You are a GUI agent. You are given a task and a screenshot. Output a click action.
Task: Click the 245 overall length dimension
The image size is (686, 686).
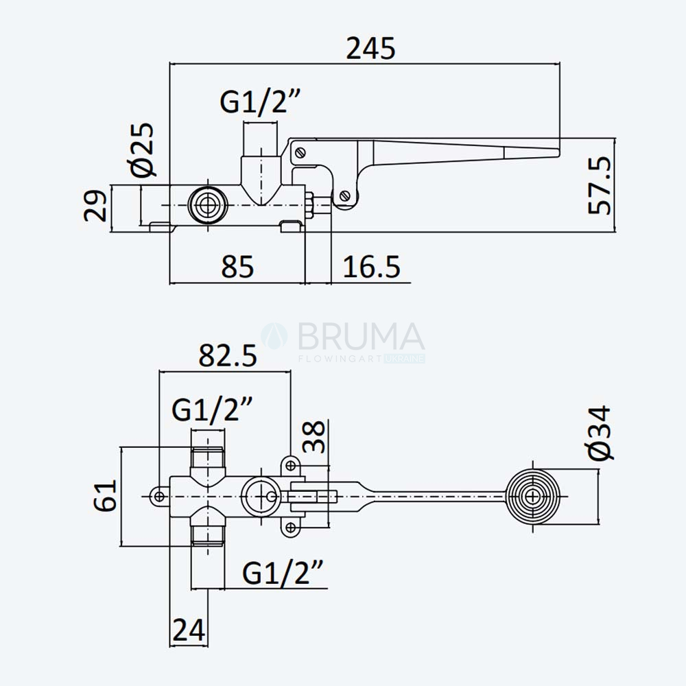coord(370,49)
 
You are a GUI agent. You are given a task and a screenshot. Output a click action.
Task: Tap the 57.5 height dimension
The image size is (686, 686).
coord(600,185)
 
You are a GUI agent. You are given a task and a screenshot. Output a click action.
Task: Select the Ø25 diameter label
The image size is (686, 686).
coord(142,149)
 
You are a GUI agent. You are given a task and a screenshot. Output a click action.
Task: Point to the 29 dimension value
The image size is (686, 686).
coord(95,205)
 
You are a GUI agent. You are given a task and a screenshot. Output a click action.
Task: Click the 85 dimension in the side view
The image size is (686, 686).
coord(237,267)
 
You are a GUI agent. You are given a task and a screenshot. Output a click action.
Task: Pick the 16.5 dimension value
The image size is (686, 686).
coord(371,267)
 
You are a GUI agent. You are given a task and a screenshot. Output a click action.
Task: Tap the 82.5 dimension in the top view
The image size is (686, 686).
coord(228,355)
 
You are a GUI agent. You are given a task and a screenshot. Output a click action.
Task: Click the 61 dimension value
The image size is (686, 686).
coord(106,495)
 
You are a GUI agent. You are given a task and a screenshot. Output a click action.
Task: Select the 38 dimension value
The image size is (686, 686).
coord(314,436)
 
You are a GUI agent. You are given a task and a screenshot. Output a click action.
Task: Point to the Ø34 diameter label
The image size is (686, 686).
coord(600,433)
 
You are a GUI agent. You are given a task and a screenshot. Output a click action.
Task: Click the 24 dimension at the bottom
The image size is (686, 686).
coord(189,630)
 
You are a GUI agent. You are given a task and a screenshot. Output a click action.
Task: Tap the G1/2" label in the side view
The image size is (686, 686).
coord(260,102)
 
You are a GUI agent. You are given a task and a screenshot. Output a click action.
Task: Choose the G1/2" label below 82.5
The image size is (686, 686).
coord(212,410)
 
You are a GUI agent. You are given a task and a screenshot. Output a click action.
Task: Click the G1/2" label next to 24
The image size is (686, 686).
coord(283,573)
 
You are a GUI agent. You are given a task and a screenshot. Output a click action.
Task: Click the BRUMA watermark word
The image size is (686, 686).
coord(361,336)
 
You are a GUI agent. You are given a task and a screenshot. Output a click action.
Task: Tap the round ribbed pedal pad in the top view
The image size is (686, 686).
coord(532,497)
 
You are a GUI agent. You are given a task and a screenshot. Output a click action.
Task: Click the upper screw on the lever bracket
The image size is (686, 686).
coord(300,153)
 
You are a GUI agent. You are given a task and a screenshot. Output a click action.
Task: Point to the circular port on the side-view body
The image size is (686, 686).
coord(207,205)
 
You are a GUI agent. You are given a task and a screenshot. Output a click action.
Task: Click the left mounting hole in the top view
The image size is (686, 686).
coord(160,497)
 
